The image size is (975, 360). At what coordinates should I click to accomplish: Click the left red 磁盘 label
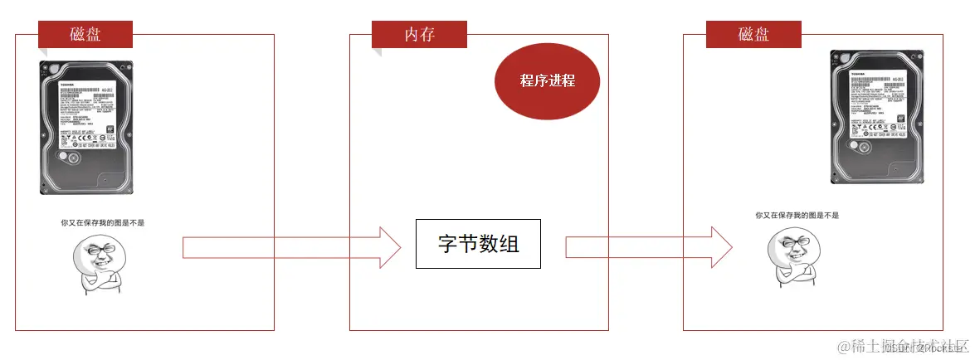(85, 34)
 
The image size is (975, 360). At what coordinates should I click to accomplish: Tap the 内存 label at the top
(419, 34)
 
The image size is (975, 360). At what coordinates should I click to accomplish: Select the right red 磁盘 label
(753, 34)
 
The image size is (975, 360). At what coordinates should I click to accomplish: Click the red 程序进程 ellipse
(547, 80)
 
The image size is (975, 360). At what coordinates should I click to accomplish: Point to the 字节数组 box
(478, 244)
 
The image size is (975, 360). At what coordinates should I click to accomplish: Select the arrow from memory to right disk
(648, 247)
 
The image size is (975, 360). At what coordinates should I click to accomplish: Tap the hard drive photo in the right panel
(878, 117)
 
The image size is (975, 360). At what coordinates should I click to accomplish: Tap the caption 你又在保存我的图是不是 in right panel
(797, 216)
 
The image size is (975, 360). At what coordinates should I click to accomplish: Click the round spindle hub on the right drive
(860, 147)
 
